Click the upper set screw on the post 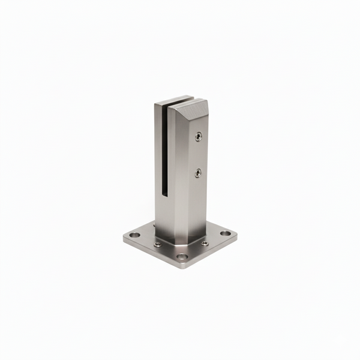click(198, 137)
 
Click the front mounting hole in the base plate click(183, 258)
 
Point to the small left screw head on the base click(157, 244)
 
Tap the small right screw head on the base click(205, 243)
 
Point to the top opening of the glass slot click(171, 102)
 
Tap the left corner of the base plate click(125, 236)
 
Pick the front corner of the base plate click(184, 264)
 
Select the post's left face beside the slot click(157, 162)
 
